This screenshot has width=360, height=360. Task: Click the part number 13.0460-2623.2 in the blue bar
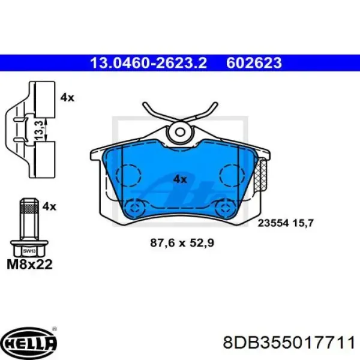149,63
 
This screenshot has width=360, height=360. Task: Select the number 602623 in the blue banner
254,63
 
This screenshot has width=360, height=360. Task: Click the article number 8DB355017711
289,343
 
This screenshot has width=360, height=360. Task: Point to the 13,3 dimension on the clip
39,130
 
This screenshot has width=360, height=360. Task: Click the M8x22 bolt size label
29,264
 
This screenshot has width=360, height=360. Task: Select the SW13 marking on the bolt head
29,251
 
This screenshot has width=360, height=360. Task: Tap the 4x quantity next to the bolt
49,206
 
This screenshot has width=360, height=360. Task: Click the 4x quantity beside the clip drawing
67,98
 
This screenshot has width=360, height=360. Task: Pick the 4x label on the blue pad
180,179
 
